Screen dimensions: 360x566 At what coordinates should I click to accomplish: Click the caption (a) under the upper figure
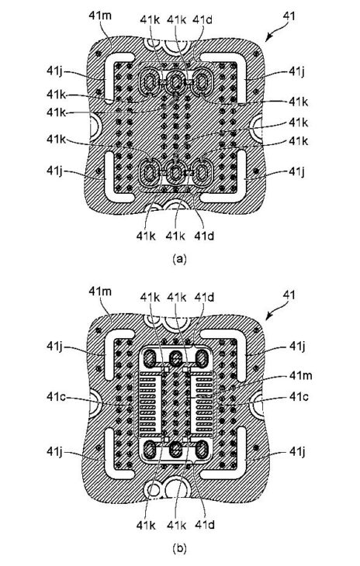click(x=179, y=258)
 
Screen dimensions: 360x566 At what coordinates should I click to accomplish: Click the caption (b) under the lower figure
click(x=179, y=549)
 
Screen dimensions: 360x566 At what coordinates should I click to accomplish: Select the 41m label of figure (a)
click(x=100, y=16)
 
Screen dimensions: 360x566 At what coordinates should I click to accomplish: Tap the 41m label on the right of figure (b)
click(x=301, y=376)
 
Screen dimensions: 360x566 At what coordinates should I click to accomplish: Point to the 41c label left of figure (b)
click(x=57, y=396)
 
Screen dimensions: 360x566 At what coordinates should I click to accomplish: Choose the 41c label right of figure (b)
click(x=299, y=396)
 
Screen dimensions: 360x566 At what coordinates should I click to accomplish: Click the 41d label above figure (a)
click(x=202, y=19)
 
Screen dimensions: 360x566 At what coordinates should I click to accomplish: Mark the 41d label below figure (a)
click(x=204, y=236)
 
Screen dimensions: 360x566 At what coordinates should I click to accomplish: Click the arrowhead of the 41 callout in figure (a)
click(x=268, y=39)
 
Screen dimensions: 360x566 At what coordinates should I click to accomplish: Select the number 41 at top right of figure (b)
click(x=289, y=295)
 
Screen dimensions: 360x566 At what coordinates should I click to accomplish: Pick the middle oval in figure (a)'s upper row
click(x=175, y=83)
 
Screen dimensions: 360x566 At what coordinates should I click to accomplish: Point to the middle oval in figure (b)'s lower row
click(x=175, y=450)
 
